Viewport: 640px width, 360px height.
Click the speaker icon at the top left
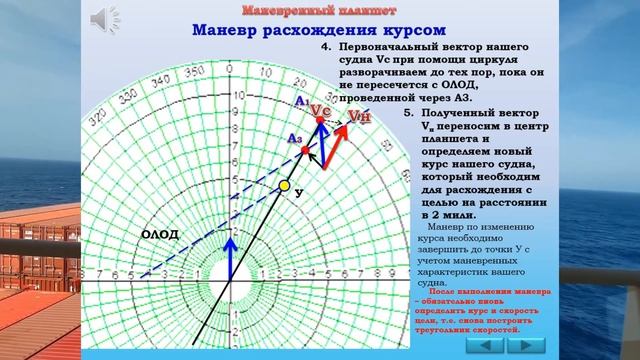pyautogui.click(x=104, y=17)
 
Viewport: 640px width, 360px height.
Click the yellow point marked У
pyautogui.click(x=284, y=185)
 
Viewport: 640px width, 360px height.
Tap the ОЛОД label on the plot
pyautogui.click(x=159, y=234)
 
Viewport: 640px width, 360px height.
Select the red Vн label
pyautogui.click(x=360, y=117)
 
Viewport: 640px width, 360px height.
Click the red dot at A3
pyautogui.click(x=307, y=150)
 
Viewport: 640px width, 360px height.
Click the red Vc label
pyautogui.click(x=320, y=108)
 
